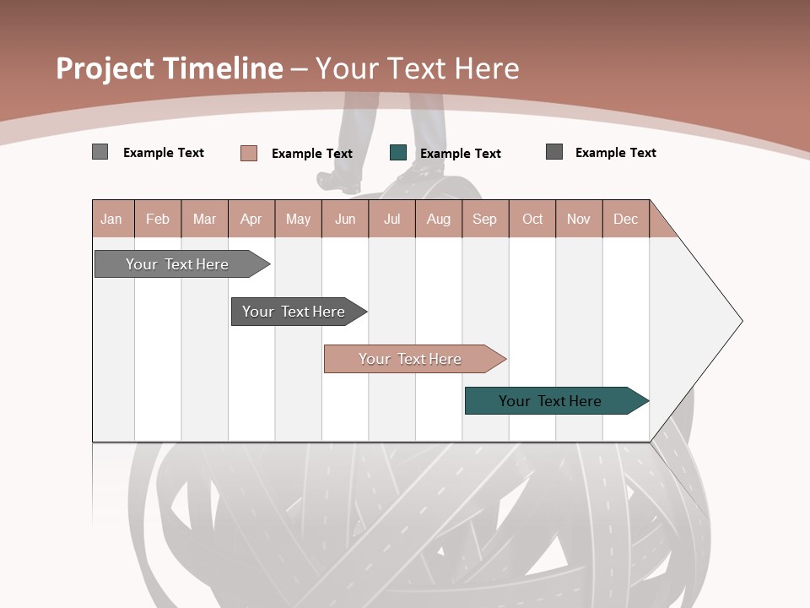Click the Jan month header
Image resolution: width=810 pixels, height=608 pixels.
[x=111, y=219]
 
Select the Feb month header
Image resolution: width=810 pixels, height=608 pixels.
[x=158, y=219]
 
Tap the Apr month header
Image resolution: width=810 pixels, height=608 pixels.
[x=251, y=219]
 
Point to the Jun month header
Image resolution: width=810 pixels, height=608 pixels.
[x=345, y=219]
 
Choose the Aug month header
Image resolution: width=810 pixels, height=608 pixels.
[x=439, y=219]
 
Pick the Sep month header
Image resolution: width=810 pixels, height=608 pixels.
[x=484, y=219]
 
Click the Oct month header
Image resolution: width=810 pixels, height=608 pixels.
[x=532, y=219]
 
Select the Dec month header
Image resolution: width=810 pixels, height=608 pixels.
[x=625, y=219]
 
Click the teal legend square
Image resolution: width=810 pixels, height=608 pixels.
[x=398, y=153]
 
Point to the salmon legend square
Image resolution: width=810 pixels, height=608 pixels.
[x=249, y=153]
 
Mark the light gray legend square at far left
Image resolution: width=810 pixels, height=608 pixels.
[x=100, y=152]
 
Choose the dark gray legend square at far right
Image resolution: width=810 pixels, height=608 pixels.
[x=554, y=152]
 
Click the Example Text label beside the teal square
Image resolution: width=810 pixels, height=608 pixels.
[x=461, y=154]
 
